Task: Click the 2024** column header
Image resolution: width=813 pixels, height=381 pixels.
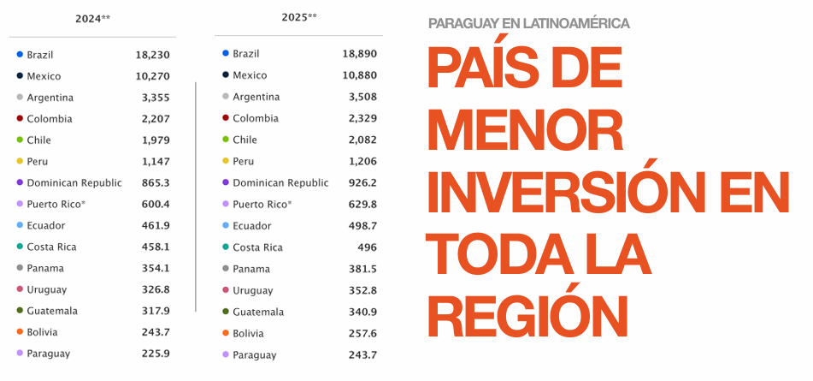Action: coord(92,18)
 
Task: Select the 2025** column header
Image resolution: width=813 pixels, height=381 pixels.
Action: coord(298,17)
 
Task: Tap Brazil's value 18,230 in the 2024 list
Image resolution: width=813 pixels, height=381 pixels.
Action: coord(153,55)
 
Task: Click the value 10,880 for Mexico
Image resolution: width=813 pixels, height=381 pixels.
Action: coord(359,75)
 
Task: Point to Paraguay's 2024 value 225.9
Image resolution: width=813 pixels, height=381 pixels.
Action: coord(156,354)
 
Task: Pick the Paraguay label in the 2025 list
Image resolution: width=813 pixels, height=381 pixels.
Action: coord(254,354)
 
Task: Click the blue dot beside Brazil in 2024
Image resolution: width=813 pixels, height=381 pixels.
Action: coord(20,55)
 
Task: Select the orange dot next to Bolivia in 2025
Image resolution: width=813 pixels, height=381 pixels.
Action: coord(226,333)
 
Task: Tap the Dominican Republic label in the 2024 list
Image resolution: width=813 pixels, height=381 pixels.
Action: coord(74,182)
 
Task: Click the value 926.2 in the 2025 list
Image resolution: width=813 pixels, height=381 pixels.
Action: coord(362,182)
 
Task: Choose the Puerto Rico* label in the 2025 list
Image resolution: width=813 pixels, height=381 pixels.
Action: coord(262,204)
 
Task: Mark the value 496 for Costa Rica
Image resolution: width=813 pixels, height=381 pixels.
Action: coord(367,247)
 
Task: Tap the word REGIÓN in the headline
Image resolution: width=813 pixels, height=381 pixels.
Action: coord(527,313)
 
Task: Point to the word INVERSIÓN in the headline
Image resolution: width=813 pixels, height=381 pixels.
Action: coord(579,193)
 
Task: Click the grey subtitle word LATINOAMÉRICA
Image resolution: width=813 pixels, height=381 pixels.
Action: coord(569,23)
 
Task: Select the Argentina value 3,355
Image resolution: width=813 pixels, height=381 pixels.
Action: coord(156,98)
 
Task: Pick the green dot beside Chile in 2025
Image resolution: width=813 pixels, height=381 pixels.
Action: coord(226,140)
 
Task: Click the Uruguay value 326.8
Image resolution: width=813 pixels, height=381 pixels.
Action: coord(156,289)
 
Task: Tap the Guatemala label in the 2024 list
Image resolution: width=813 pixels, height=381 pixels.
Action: coord(53,311)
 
